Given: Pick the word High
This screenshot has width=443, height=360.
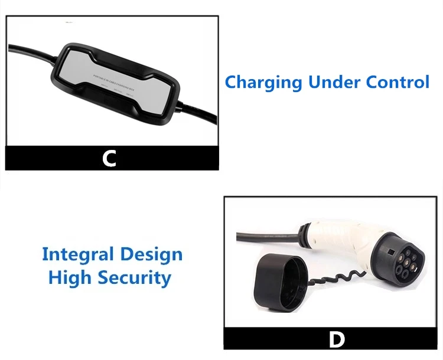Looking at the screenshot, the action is [70, 277].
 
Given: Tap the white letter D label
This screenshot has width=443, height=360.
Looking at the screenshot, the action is [335, 339].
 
